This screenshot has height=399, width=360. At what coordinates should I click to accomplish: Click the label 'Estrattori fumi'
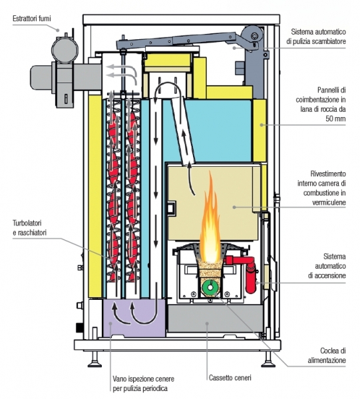pyautogui.click(x=32, y=19)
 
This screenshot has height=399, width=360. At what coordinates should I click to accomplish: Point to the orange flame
pyautogui.click(x=210, y=219)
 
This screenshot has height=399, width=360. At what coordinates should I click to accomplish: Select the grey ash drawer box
pyautogui.click(x=216, y=319)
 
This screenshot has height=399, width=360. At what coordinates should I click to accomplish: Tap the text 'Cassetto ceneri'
pyautogui.click(x=230, y=378)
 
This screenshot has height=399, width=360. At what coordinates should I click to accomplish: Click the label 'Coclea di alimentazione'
pyautogui.click(x=327, y=356)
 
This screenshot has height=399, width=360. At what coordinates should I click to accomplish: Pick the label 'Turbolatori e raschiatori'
pyautogui.click(x=30, y=227)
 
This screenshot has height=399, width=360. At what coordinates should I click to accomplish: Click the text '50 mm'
pyautogui.click(x=335, y=118)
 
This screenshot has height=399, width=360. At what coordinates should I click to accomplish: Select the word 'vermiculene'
pyautogui.click(x=329, y=202)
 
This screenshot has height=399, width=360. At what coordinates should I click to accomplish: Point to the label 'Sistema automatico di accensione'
pyautogui.click(x=327, y=266)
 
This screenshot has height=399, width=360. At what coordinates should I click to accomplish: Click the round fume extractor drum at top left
pyautogui.click(x=65, y=50)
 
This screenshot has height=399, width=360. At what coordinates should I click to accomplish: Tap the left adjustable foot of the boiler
pyautogui.click(x=94, y=360)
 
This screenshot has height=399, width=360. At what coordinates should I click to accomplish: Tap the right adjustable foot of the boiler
pyautogui.click(x=268, y=360)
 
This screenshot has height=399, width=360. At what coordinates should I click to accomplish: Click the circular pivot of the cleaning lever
pyautogui.click(x=254, y=36)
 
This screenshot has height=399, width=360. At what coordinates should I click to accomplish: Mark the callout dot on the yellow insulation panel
pyautogui.click(x=261, y=124)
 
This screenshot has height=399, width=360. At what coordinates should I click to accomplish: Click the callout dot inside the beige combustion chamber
pyautogui.click(x=234, y=207)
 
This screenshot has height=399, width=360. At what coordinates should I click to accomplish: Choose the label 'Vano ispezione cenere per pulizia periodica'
pyautogui.click(x=143, y=384)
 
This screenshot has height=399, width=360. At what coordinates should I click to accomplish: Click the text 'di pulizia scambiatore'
pyautogui.click(x=316, y=41)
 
